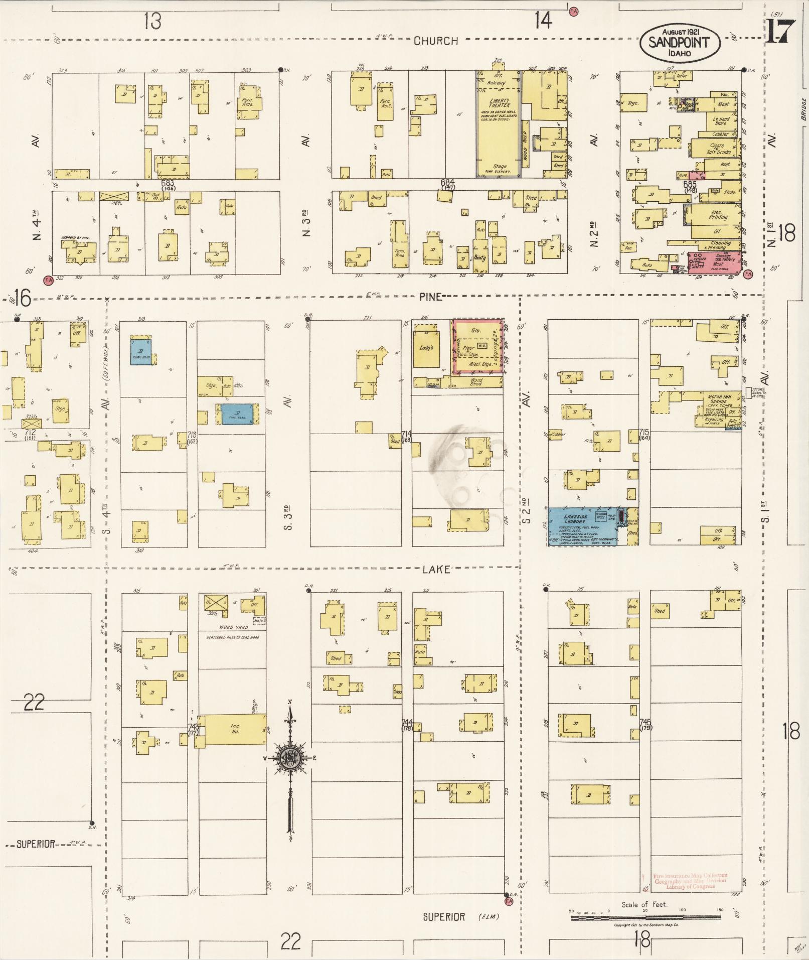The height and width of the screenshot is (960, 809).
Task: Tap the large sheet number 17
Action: (x=780, y=32)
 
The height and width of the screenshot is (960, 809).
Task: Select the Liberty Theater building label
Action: (x=499, y=103)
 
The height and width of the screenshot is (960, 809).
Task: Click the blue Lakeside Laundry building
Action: (x=582, y=526)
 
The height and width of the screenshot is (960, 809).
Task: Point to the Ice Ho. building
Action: (x=234, y=729)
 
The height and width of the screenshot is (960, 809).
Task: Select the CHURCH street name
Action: (x=435, y=41)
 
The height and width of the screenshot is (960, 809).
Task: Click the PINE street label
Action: (x=431, y=297)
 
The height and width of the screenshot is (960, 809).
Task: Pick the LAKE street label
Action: (x=435, y=570)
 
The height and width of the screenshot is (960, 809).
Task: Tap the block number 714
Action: (x=406, y=433)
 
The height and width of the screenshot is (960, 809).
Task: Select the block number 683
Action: (x=168, y=184)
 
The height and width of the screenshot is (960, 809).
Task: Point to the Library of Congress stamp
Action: (x=690, y=881)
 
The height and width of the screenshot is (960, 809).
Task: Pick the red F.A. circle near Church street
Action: (x=573, y=10)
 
